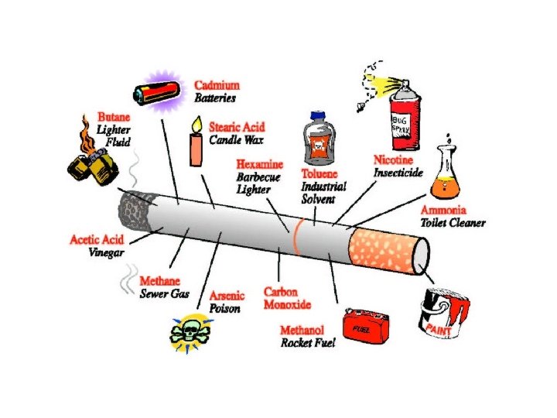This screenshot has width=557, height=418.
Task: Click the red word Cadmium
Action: pyautogui.click(x=217, y=85)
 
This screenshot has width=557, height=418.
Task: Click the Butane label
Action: pyautogui.click(x=114, y=117)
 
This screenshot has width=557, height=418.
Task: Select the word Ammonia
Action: pyautogui.click(x=443, y=210)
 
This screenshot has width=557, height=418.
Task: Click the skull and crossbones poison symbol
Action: pyautogui.click(x=190, y=332)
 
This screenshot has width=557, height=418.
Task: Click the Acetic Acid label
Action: pyautogui.click(x=96, y=240)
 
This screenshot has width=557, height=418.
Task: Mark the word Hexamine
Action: pyautogui.click(x=259, y=165)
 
